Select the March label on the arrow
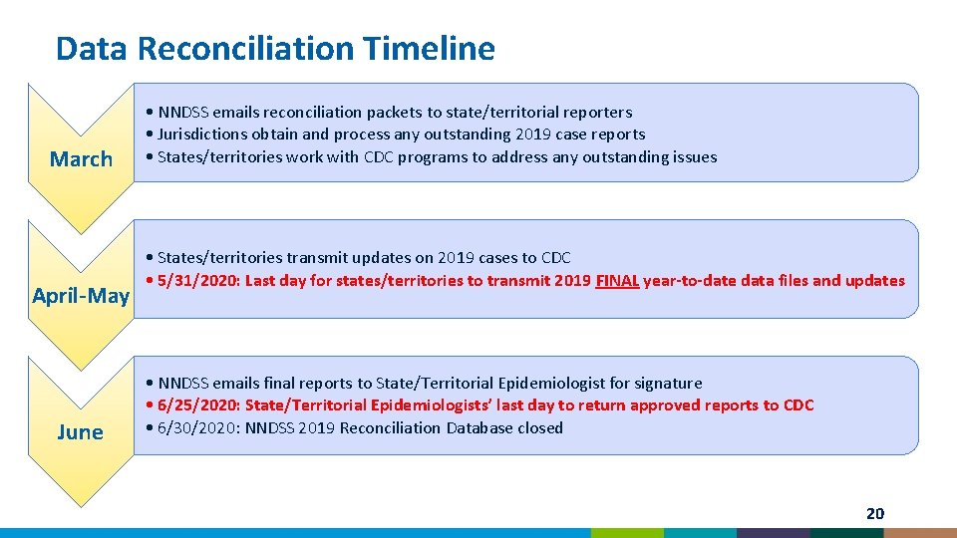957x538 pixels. [81, 159]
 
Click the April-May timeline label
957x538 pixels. [81, 296]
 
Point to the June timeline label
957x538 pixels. [81, 432]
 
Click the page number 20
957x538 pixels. [874, 514]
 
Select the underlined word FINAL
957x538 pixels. [617, 281]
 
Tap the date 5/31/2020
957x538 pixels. [197, 281]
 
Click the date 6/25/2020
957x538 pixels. [197, 405]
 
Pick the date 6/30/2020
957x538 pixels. [197, 428]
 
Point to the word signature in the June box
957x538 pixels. [667, 384]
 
